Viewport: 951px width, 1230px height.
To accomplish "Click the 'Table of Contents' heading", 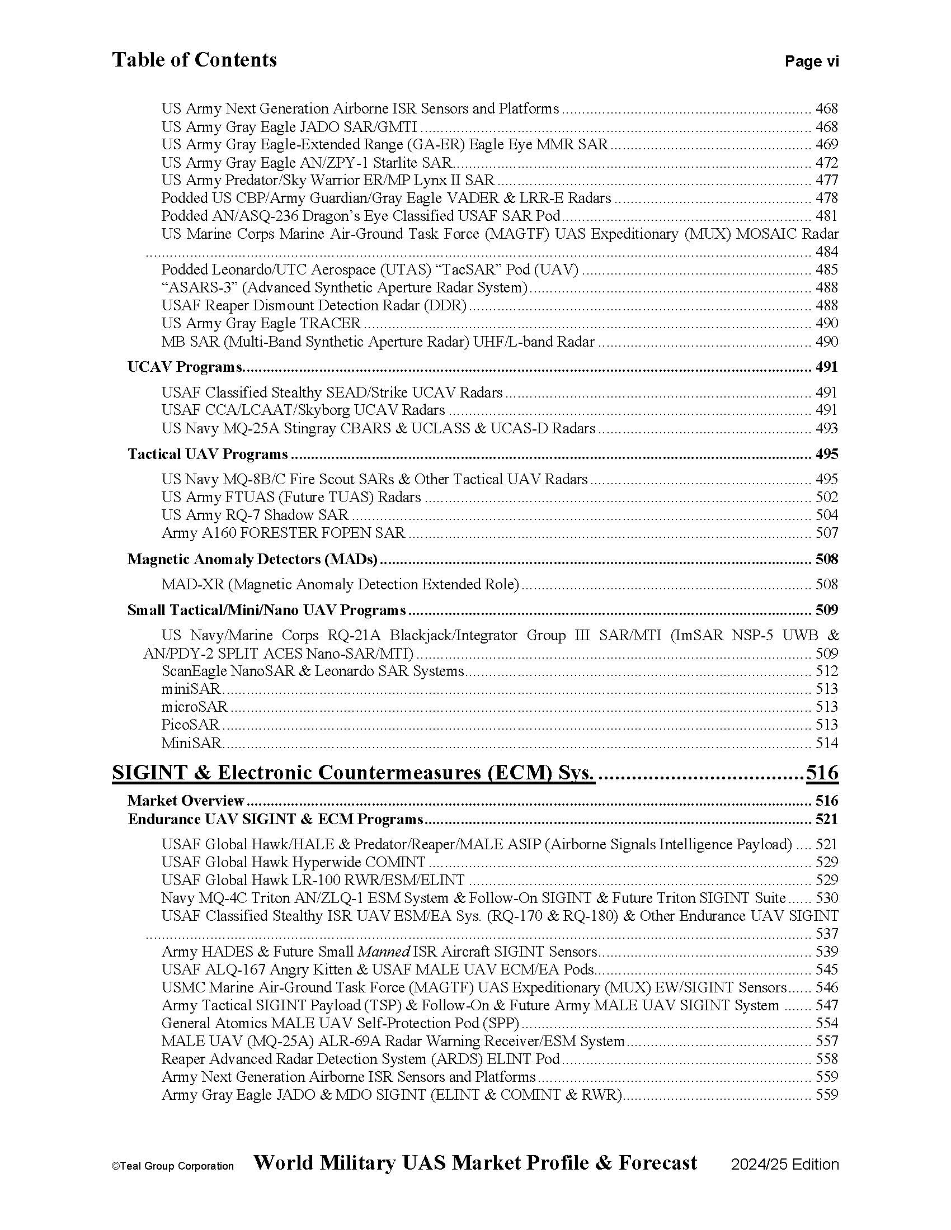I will [x=194, y=60].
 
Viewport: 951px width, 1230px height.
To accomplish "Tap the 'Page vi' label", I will [x=811, y=61].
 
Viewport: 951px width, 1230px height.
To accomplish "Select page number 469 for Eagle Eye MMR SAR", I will [x=826, y=145].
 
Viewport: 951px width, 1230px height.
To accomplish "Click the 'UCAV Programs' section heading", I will [x=185, y=367].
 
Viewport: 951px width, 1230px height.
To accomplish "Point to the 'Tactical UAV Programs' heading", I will [x=208, y=455].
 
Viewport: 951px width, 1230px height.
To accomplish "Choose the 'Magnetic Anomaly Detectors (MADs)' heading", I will [x=252, y=559].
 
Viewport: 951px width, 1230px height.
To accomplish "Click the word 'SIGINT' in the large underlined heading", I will [x=148, y=772].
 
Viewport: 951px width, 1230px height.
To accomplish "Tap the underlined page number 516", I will [x=822, y=772].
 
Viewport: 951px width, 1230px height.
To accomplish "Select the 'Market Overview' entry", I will [x=186, y=801].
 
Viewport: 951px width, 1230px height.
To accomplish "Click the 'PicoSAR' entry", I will [x=190, y=725].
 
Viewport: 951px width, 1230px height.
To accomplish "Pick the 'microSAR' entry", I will [x=194, y=707].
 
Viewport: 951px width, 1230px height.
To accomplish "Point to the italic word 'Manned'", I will [x=383, y=952].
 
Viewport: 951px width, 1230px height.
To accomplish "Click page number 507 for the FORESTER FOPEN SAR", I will [x=826, y=533].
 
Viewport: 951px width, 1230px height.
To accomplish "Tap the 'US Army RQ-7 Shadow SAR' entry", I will [x=255, y=515].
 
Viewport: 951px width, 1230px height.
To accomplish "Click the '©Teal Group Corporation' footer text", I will [x=172, y=1166].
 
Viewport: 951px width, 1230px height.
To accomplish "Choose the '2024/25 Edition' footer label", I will [x=785, y=1165].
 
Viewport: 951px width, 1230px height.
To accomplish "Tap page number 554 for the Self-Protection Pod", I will [x=826, y=1023].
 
